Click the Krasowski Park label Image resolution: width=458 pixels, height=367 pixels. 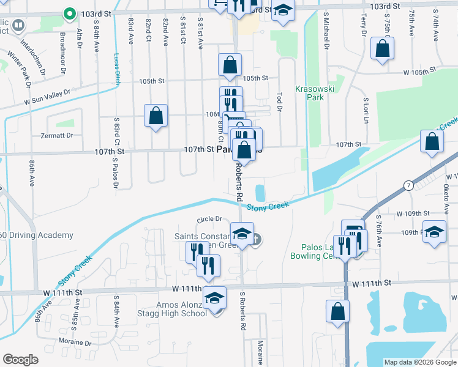(313, 93)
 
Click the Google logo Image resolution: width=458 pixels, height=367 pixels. (20, 360)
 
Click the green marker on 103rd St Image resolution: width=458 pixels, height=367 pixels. (69, 13)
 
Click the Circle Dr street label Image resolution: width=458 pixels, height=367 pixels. (209, 219)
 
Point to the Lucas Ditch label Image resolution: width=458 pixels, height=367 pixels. (117, 67)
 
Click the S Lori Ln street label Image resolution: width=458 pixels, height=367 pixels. (365, 108)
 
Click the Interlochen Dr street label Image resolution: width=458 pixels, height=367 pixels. (34, 57)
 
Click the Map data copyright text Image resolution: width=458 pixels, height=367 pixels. (419, 362)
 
